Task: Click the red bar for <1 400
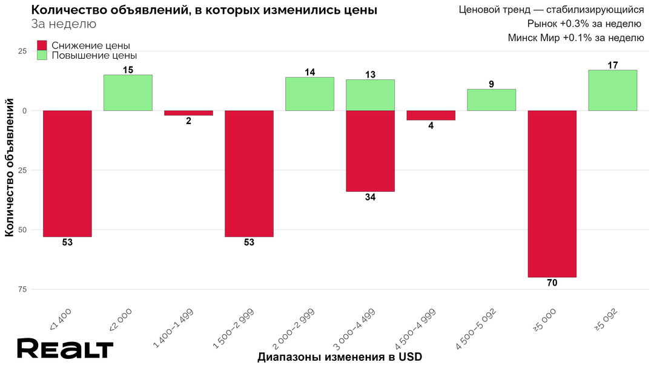[x=67, y=174]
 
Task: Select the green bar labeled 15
[x=128, y=93]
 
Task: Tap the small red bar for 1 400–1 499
[x=188, y=113]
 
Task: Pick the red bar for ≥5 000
[x=552, y=194]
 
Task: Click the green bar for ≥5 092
[x=612, y=91]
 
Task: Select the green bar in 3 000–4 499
[x=370, y=95]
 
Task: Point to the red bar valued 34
[x=370, y=151]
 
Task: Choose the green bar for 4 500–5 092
[x=491, y=100]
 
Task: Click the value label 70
[x=552, y=283]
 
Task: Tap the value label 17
[x=612, y=65]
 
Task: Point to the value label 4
[x=431, y=126]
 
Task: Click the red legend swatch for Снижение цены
[x=42, y=45]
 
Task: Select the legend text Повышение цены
[x=90, y=55]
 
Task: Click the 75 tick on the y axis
[x=22, y=289]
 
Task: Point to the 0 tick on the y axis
[x=25, y=111]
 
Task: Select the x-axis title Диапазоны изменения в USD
[x=339, y=356]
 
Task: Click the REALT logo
[x=65, y=349]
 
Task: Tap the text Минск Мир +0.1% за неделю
[x=575, y=38]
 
